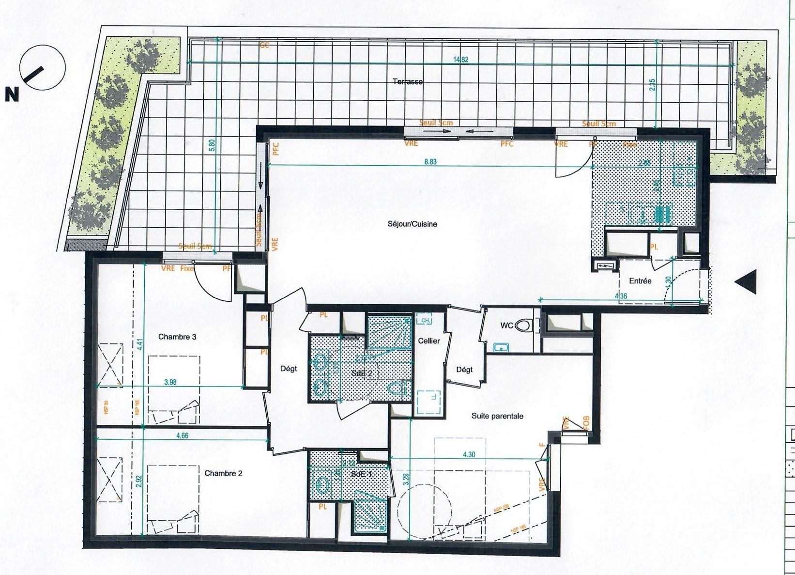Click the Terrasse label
click(408, 82)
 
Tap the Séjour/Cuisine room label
click(412, 224)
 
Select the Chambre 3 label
click(177, 337)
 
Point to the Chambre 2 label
click(223, 473)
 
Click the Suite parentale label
click(497, 416)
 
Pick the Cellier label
click(429, 341)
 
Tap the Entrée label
click(640, 281)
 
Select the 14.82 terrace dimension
click(460, 60)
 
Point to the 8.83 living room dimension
click(430, 162)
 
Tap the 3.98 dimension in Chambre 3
click(170, 382)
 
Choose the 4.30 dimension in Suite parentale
click(469, 454)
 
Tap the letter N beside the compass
click(12, 95)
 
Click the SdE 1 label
click(361, 475)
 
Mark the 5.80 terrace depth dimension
click(211, 145)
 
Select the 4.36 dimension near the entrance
click(621, 296)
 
